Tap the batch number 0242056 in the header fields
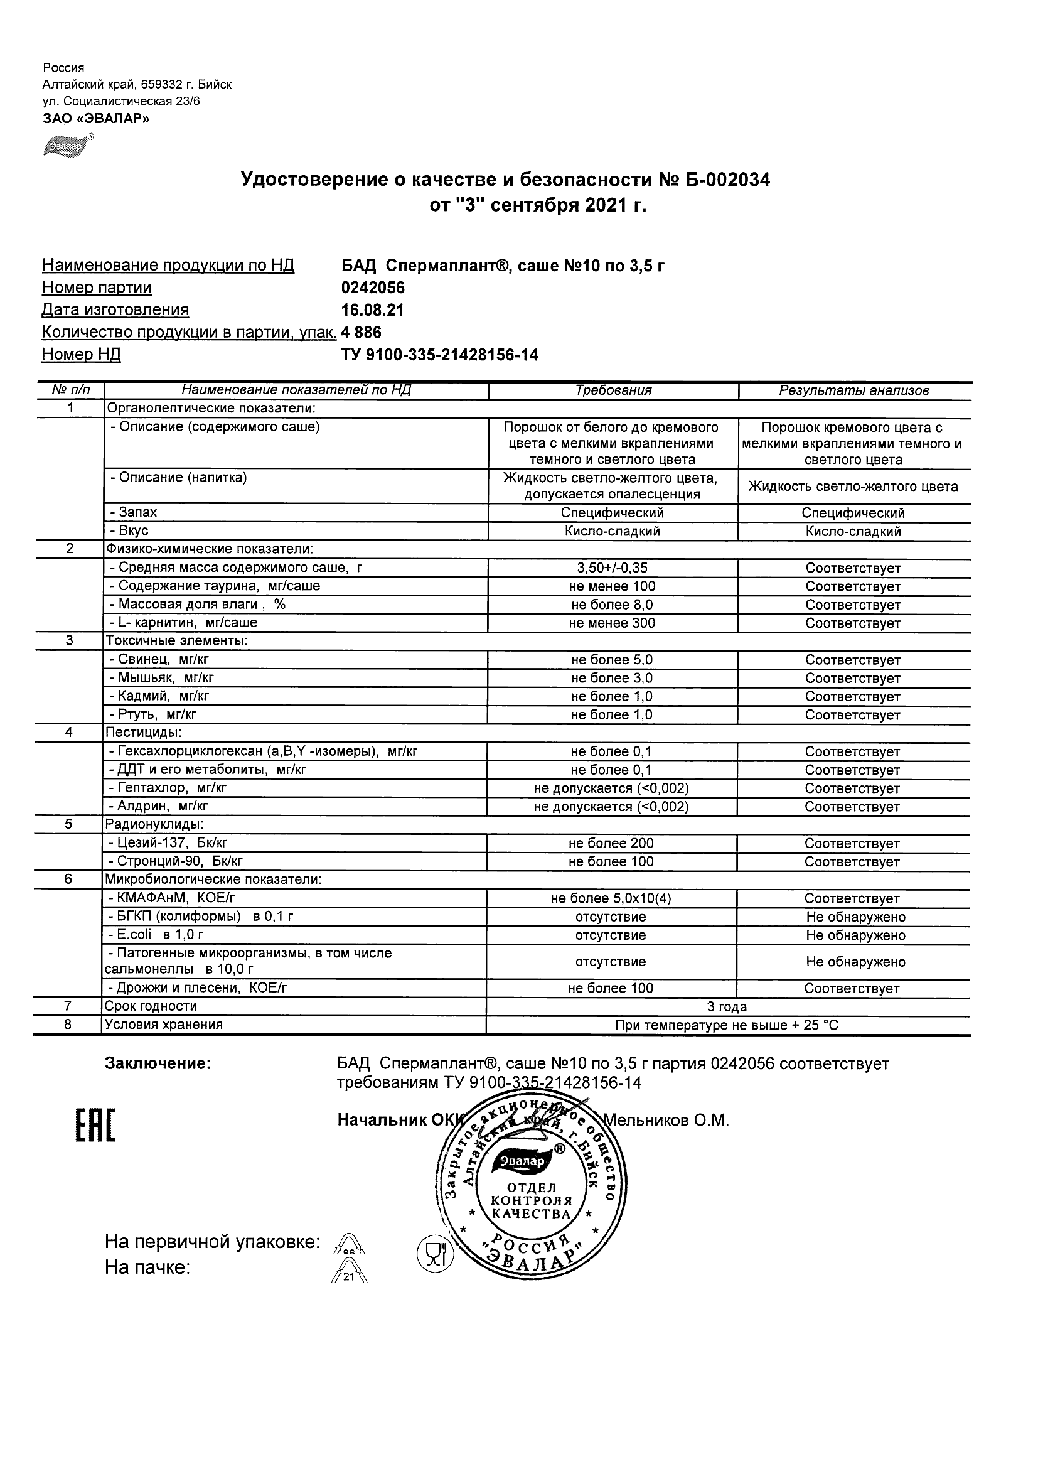tap(373, 288)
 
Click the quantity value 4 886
tap(361, 332)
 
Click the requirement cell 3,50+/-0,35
tap(612, 568)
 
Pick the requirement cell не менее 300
tap(612, 623)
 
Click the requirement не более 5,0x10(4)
tap(611, 898)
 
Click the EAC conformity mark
tap(95, 1126)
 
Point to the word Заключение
tap(158, 1064)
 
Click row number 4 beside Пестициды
tap(69, 733)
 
